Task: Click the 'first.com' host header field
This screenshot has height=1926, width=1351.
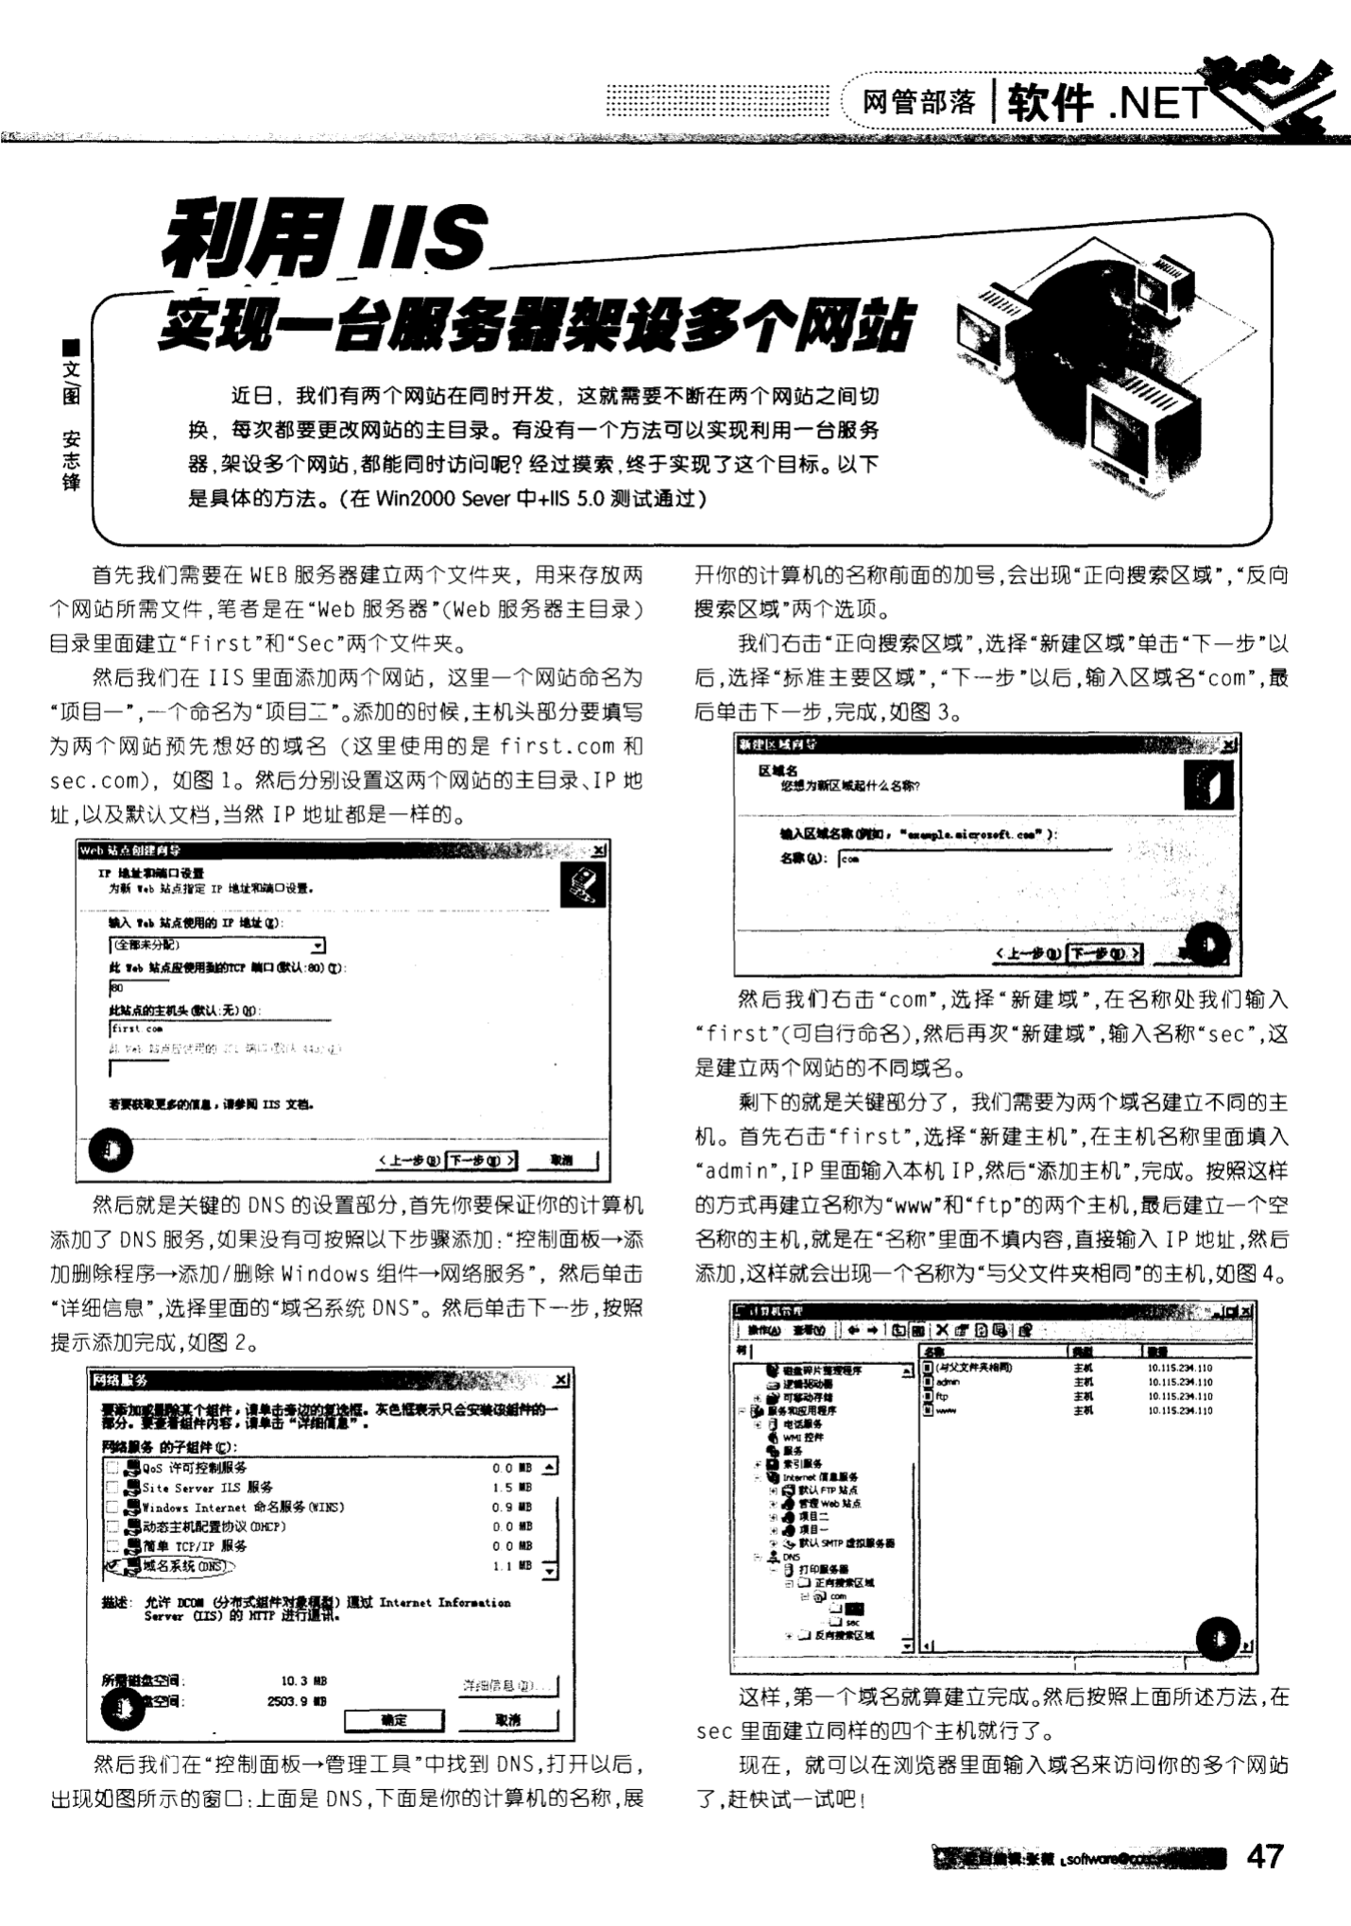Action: pos(217,1029)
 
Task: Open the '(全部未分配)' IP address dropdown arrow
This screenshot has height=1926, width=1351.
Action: pos(318,946)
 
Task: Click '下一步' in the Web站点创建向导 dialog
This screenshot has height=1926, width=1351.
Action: pos(481,1160)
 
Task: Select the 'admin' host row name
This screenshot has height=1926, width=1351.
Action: pos(947,1381)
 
